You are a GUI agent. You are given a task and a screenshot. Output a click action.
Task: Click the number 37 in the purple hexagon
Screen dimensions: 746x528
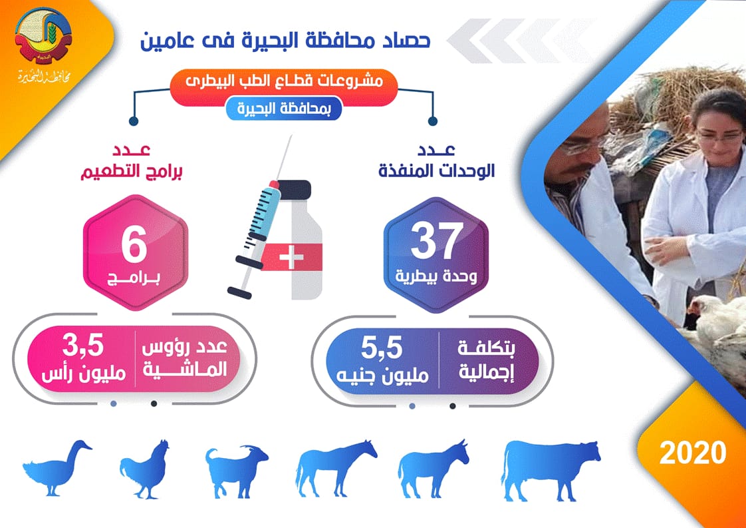point(437,241)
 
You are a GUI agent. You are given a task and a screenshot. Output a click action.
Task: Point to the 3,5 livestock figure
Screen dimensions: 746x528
point(83,346)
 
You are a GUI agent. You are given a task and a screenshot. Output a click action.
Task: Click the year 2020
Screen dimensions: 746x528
point(693,452)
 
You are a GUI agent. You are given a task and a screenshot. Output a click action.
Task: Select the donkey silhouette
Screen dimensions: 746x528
point(433,469)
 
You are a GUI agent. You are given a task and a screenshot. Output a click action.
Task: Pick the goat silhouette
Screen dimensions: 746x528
point(237,470)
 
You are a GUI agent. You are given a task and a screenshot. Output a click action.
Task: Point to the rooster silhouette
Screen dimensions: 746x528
point(145,469)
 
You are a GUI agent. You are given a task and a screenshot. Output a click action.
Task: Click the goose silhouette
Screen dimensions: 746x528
point(57,468)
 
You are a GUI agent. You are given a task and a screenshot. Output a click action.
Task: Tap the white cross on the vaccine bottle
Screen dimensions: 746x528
point(291,257)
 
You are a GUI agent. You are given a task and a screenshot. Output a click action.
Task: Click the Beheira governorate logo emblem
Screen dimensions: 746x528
point(43,35)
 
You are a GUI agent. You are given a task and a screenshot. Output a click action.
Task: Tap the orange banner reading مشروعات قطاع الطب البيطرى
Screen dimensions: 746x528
point(283,87)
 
